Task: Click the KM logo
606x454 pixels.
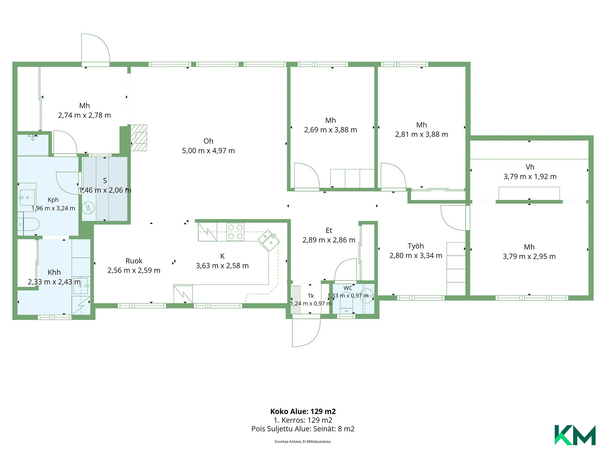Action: point(575,435)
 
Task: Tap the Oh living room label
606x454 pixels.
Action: point(208,141)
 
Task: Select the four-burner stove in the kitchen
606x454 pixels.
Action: point(235,232)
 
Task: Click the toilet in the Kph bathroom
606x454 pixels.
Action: point(29,224)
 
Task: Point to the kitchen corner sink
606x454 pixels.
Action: point(269,240)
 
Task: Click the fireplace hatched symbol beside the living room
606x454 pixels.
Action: point(139,138)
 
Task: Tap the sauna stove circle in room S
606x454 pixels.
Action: point(88,208)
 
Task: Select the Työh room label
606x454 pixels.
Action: point(416,246)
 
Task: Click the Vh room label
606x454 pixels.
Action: point(530,167)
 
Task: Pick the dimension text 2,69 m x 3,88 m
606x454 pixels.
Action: point(330,130)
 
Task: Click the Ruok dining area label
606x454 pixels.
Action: point(134,261)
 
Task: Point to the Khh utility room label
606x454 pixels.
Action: point(54,272)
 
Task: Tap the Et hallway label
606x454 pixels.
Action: point(329,230)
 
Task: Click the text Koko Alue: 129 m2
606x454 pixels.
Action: point(303,411)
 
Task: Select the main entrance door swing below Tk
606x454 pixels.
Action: point(306,333)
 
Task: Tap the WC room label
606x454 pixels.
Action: point(348,288)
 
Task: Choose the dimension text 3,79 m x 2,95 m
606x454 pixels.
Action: point(529,257)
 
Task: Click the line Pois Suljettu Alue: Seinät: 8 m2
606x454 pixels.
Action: point(303,429)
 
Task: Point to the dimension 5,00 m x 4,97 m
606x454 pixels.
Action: point(208,151)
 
